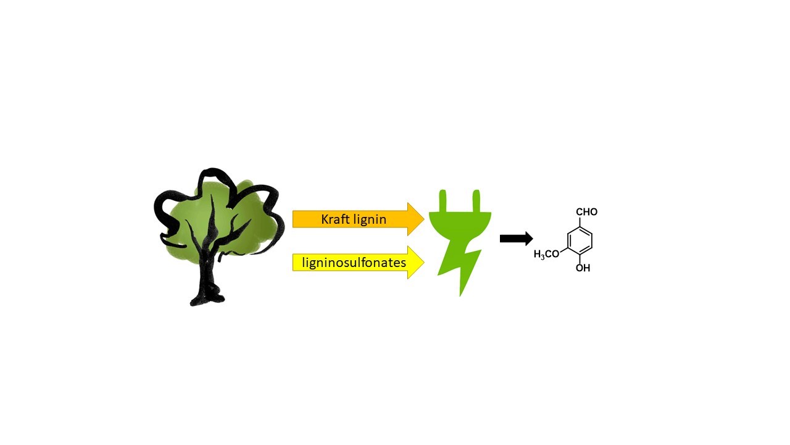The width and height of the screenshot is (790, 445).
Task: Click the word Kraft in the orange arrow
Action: [x=335, y=219]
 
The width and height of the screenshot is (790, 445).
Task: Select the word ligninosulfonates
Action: [x=354, y=263]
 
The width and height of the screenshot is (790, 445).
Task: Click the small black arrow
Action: [x=516, y=239]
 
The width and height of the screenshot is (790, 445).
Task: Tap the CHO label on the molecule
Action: [x=586, y=212]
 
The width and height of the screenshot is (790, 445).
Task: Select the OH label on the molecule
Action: [x=583, y=268]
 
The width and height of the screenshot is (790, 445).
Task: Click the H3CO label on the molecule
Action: [x=547, y=254]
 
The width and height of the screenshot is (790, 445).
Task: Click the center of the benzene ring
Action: [x=580, y=240]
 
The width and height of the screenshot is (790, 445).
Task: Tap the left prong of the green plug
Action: [x=443, y=201]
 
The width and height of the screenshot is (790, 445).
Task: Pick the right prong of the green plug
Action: [x=476, y=201]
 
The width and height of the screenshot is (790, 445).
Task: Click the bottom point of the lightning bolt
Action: [x=460, y=294]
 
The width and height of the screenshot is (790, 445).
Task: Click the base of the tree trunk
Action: [x=206, y=299]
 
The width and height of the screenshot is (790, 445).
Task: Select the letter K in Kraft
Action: [x=325, y=219]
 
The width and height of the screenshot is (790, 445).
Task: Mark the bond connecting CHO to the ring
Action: [x=580, y=222]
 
